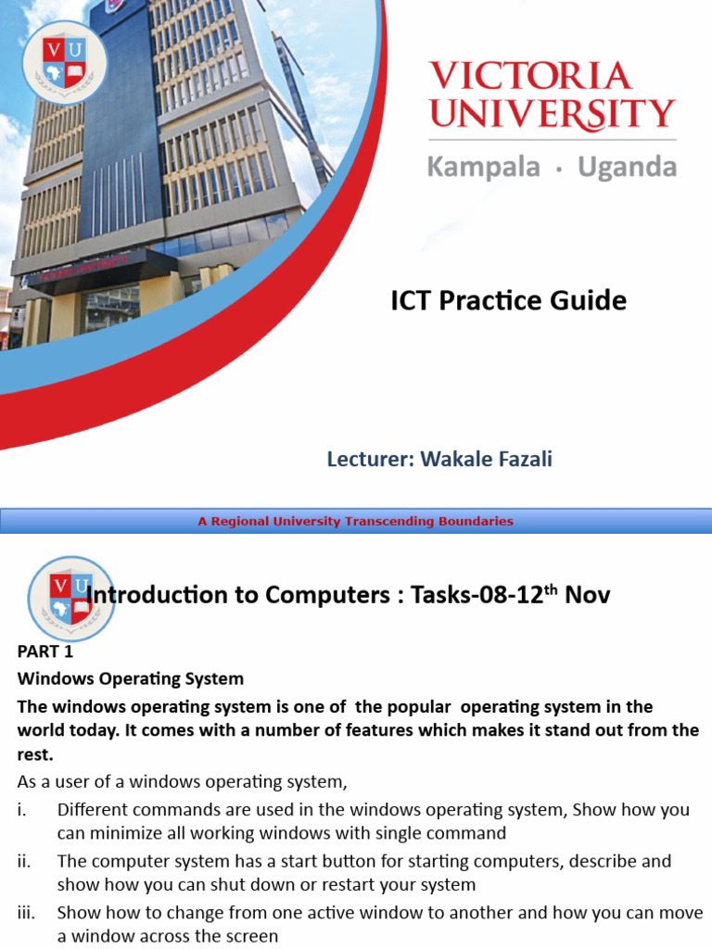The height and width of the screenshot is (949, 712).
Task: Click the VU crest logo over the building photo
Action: (65, 61)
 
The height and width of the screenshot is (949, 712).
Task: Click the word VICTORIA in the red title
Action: (529, 77)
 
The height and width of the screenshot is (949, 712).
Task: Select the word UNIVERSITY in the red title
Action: (552, 114)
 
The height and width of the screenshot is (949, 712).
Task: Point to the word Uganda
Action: (627, 167)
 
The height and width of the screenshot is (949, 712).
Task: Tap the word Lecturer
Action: (370, 459)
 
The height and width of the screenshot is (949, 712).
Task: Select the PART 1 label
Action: (45, 652)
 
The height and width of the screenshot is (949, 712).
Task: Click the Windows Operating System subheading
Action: (131, 678)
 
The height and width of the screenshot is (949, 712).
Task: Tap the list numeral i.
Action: (21, 810)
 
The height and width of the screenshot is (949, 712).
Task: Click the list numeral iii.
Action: (26, 913)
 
